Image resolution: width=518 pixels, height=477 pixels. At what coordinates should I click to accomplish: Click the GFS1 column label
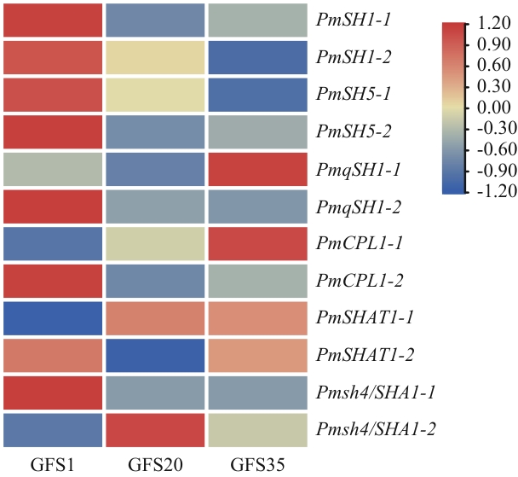pyautogui.click(x=51, y=466)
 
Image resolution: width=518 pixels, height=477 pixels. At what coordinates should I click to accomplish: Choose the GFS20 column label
pyautogui.click(x=154, y=466)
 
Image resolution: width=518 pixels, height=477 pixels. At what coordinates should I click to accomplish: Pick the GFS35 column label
pyautogui.click(x=256, y=466)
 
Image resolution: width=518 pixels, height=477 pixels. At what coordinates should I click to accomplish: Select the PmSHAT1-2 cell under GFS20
pyautogui.click(x=154, y=358)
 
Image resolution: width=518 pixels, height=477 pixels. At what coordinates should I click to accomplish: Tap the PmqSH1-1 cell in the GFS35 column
pyautogui.click(x=256, y=169)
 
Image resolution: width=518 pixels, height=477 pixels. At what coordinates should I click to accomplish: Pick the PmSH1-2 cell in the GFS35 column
pyautogui.click(x=256, y=56)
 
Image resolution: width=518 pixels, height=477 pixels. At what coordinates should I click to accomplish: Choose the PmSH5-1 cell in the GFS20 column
pyautogui.click(x=154, y=94)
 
